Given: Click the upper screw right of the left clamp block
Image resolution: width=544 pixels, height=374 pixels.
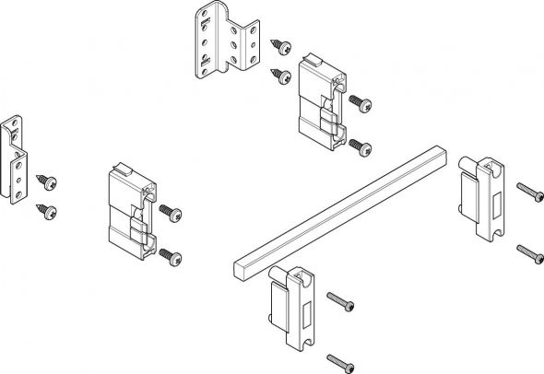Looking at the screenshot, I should (168, 211).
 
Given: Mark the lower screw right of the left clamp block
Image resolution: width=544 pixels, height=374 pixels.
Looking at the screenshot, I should (170, 255).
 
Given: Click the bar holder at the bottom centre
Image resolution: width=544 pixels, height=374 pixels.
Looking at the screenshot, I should (291, 307).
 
